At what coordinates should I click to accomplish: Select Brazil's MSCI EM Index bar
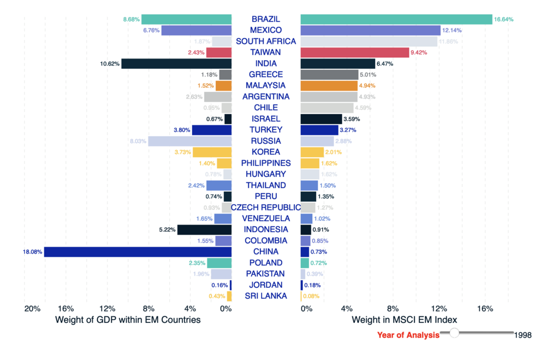coord(396,19)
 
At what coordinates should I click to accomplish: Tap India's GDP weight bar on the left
coord(176,63)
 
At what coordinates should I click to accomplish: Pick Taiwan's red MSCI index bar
coord(354,52)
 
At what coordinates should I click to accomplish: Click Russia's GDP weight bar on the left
coord(189,141)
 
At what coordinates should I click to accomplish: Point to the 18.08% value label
coord(32,252)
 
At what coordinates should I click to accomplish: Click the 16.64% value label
coord(503,19)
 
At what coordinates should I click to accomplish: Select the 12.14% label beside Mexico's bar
coord(452,30)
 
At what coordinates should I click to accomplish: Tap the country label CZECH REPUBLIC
coord(266,208)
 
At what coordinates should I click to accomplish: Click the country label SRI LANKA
coord(266,296)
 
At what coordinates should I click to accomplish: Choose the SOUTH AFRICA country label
coord(266,42)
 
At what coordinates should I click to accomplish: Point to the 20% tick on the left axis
coord(32,309)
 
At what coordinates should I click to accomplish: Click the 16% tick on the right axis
coord(485,309)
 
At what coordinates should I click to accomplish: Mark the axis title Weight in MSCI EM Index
coord(405,320)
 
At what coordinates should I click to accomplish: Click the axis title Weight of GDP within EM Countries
coord(128,320)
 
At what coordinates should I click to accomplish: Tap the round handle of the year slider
coord(454,333)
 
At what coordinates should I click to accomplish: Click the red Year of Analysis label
coord(408,335)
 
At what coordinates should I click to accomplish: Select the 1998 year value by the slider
coord(523,335)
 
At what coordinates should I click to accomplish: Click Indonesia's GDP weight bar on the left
coord(204,229)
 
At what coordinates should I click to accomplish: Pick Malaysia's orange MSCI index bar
coord(329,86)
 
